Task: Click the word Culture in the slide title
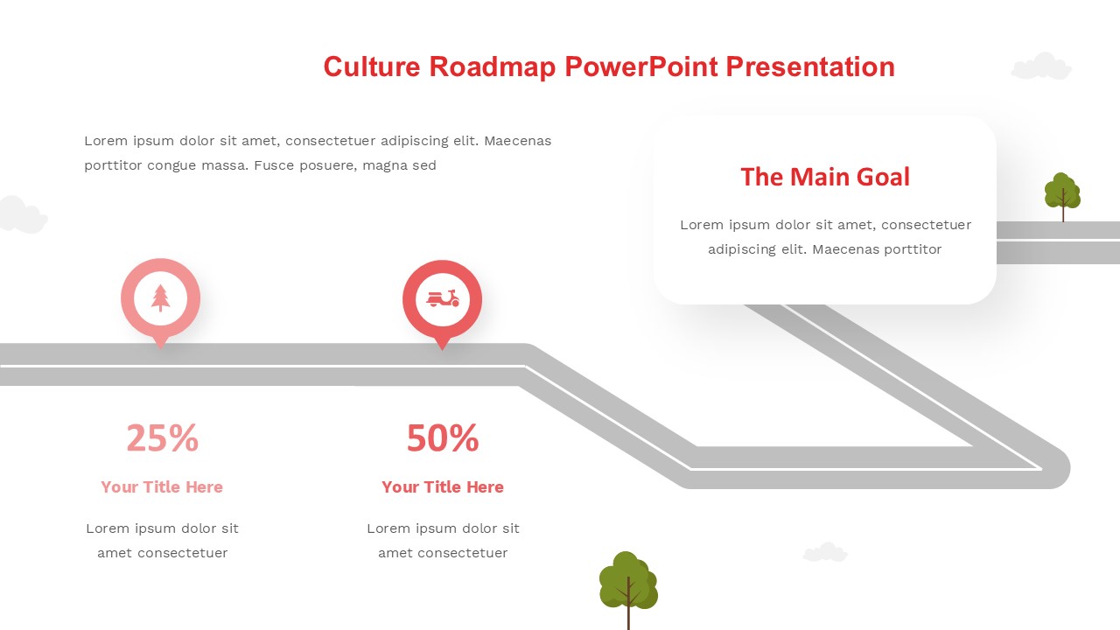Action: point(372,66)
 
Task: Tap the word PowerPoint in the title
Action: point(641,67)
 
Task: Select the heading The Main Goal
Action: point(825,177)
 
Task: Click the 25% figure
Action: point(163,438)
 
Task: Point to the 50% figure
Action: point(443,438)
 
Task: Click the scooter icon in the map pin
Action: point(443,298)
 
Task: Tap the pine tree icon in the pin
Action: point(160,298)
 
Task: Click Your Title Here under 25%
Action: point(162,487)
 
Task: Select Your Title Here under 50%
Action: point(443,487)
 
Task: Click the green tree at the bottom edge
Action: point(628,587)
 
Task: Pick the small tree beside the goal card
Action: point(1062,196)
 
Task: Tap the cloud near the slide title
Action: point(1041,66)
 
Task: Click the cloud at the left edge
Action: point(23,215)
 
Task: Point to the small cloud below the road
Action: point(825,552)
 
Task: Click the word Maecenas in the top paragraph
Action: point(517,141)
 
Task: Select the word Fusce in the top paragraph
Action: point(274,165)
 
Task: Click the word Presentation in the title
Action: point(810,66)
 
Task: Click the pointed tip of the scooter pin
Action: point(442,348)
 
